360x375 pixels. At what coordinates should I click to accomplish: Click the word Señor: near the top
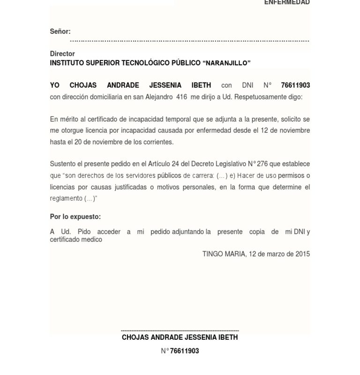(x=60, y=31)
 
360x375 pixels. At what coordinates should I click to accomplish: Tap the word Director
(x=62, y=54)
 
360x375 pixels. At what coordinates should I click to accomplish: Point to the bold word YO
(x=55, y=85)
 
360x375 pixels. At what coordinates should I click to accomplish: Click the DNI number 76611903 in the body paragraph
(x=295, y=85)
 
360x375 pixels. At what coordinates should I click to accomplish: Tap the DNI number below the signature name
(x=184, y=351)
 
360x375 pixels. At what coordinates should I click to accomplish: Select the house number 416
(x=181, y=97)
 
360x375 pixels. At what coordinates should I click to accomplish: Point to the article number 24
(x=175, y=164)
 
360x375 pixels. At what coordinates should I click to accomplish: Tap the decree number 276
(x=262, y=164)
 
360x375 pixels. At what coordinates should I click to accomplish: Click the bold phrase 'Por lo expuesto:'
(x=75, y=217)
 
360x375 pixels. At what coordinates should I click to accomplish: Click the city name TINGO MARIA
(x=224, y=254)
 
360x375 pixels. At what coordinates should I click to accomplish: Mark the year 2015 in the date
(x=302, y=254)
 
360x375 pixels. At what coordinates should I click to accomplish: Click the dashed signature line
(x=180, y=330)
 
